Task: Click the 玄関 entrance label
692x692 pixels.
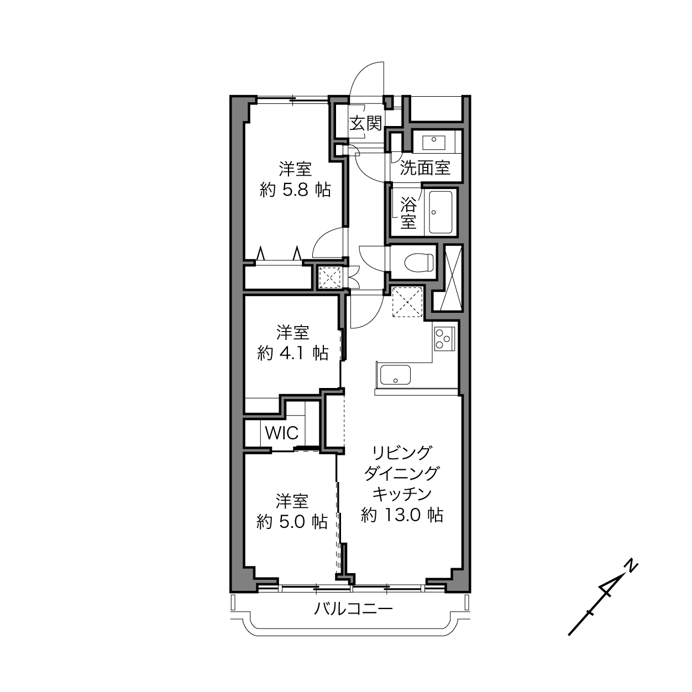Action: (365, 124)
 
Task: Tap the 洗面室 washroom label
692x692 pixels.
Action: (425, 167)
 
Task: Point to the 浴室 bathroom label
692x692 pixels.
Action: (408, 213)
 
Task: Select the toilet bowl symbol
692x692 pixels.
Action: (419, 262)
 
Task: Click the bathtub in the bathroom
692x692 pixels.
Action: (441, 212)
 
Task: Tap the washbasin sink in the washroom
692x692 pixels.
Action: (434, 143)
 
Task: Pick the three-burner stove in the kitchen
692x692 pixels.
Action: (444, 339)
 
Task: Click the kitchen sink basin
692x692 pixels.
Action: (395, 375)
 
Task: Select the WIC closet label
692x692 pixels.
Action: (281, 433)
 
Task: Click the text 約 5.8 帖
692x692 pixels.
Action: (295, 190)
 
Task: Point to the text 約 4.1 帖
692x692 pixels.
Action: (293, 353)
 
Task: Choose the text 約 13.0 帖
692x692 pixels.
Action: (402, 515)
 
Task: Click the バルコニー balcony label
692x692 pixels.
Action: (353, 609)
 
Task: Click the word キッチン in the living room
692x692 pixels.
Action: (402, 494)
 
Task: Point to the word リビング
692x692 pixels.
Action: (402, 453)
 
